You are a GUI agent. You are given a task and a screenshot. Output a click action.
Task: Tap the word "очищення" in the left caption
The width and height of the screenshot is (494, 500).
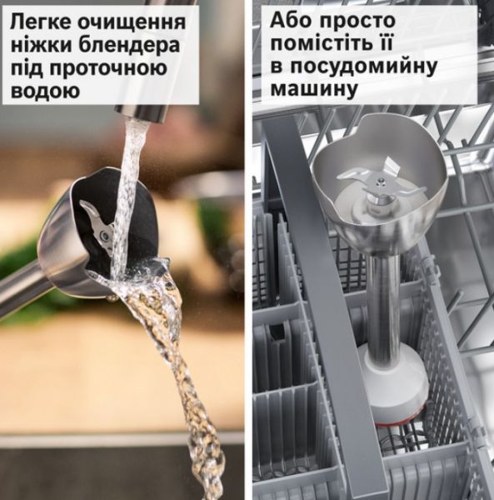pos(132,23)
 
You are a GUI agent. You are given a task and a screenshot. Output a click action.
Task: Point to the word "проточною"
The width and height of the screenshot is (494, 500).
pos(109,68)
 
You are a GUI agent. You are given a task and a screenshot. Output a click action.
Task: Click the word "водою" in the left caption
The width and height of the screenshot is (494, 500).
pos(45,90)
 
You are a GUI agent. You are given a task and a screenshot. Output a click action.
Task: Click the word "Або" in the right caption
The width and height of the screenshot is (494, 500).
pos(290,20)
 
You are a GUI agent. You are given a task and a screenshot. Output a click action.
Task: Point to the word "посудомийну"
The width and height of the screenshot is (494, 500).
pos(364,67)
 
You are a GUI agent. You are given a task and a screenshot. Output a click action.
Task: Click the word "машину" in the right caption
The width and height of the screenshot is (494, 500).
pos(313,88)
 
